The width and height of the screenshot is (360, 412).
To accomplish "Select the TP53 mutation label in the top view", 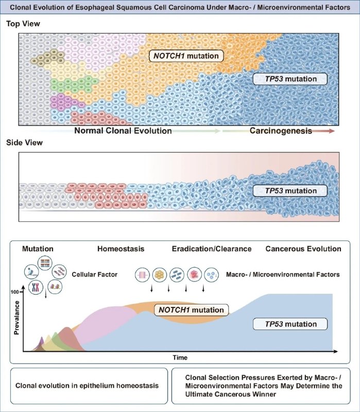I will click(292, 79).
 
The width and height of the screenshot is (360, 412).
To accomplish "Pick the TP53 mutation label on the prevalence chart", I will click(292, 324).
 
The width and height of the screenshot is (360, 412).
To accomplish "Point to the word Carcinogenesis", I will click(281, 131).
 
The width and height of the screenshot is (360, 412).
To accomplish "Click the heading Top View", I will click(23, 24).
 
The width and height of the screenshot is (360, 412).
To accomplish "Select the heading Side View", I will click(24, 143).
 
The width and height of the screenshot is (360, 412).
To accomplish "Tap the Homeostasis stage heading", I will click(121, 249).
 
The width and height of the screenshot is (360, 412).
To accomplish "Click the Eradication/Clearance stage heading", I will click(212, 249).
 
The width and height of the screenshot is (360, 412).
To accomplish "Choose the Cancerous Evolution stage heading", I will click(303, 249).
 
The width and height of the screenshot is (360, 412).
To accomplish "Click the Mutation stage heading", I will click(38, 249).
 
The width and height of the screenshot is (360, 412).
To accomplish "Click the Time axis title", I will click(179, 357).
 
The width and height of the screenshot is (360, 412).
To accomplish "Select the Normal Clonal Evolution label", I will click(123, 131).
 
